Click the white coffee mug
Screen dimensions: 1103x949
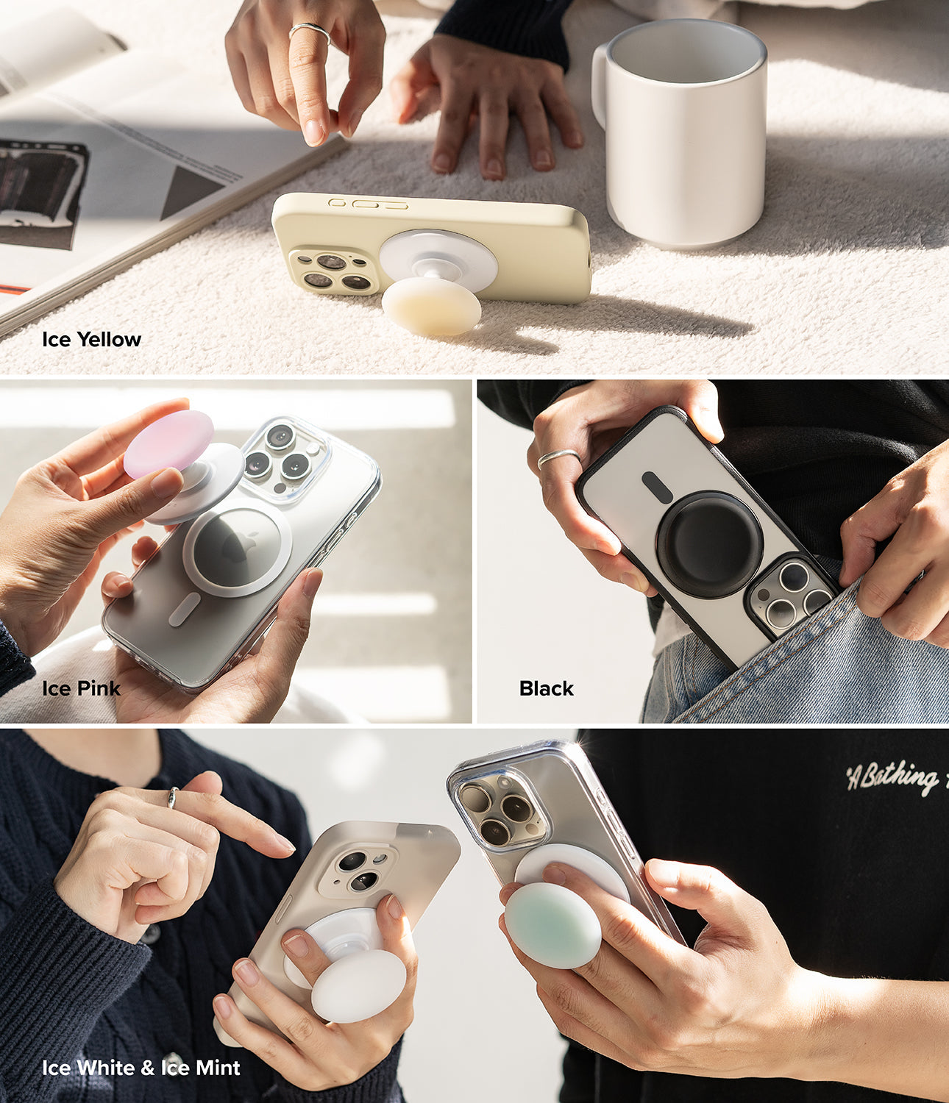(688, 140)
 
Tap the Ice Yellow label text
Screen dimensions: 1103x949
(91, 340)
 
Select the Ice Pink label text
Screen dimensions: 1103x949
(81, 688)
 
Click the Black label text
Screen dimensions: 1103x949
(546, 688)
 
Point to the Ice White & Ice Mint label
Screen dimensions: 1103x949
(141, 1067)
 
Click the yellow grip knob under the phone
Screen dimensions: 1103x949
(431, 305)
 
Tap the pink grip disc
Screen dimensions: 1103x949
(168, 443)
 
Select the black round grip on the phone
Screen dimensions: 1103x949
(709, 534)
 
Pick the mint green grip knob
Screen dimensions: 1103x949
(552, 924)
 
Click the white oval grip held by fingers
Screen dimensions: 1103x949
(358, 985)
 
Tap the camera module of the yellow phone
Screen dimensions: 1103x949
(333, 271)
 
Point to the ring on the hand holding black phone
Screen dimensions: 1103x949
(557, 458)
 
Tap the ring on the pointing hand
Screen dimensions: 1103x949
(172, 797)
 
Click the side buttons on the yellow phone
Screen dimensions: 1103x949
(369, 203)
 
